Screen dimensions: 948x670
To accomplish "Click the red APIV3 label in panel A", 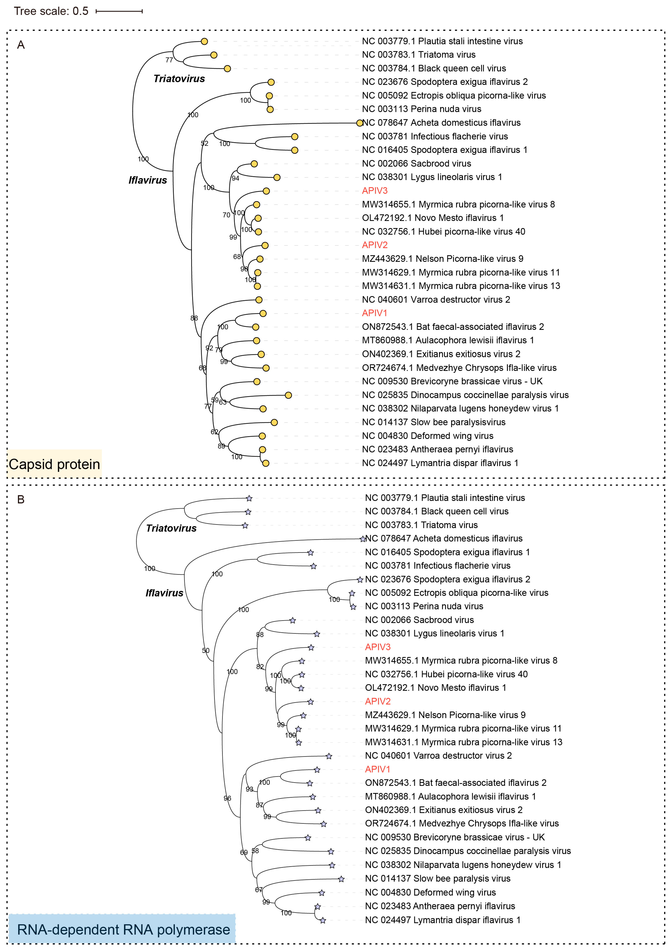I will click(x=374, y=191).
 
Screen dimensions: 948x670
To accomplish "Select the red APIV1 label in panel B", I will click(x=377, y=769).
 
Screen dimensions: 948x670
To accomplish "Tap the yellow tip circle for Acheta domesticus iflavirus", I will click(x=360, y=123).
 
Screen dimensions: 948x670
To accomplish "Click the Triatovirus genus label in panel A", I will click(x=179, y=79).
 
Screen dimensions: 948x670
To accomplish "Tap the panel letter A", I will click(x=21, y=45).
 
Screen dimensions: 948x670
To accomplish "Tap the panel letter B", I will click(x=21, y=500).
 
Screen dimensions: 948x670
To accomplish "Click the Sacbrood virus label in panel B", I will click(x=419, y=620).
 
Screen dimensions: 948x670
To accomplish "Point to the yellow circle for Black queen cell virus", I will click(x=227, y=69).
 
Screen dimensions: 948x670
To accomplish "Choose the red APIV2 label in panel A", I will click(x=374, y=245).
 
